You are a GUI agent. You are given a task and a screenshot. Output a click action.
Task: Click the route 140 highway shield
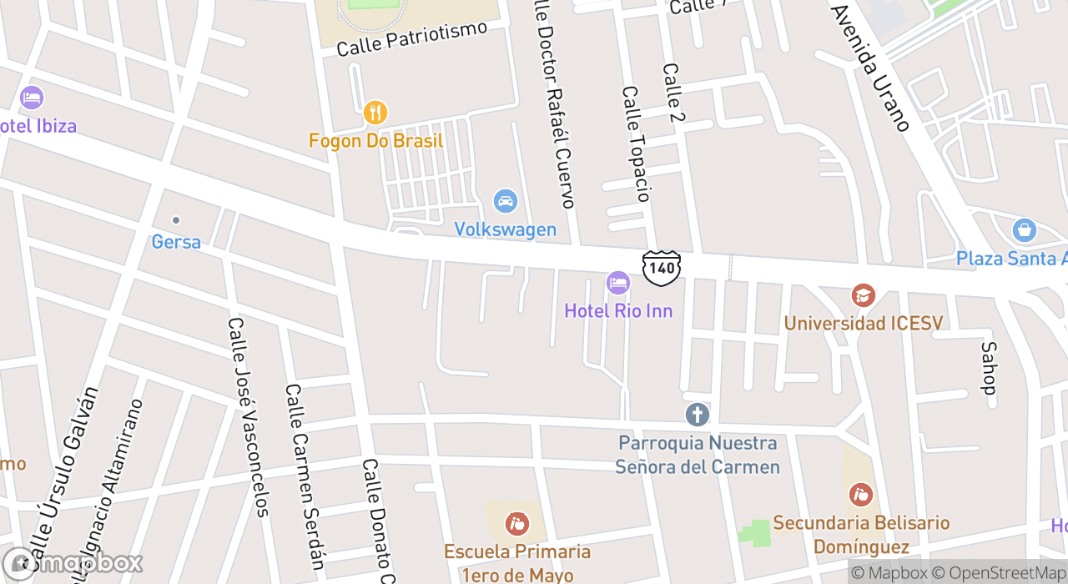point(662,268)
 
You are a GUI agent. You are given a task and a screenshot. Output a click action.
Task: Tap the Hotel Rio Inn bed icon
point(617,283)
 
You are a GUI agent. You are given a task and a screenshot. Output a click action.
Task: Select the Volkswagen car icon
point(505,201)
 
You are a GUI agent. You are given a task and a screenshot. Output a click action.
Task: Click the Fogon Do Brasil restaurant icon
point(375,112)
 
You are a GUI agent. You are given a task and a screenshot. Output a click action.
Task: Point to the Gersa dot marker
point(176,220)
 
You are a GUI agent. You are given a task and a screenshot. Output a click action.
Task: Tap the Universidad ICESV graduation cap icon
point(863,295)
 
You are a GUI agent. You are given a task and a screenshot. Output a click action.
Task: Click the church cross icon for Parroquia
point(697,414)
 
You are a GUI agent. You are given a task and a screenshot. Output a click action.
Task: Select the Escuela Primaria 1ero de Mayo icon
point(517,524)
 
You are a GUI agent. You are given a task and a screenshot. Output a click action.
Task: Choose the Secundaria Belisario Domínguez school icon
point(860,495)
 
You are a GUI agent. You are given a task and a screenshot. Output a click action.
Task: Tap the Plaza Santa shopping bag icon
point(1024,229)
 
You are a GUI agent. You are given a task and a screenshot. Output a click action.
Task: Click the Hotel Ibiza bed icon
point(32,98)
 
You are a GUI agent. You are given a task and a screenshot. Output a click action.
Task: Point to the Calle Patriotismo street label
point(411,39)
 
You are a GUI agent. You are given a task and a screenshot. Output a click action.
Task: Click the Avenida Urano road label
point(870,68)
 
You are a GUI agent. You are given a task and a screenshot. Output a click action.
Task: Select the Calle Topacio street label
point(635,143)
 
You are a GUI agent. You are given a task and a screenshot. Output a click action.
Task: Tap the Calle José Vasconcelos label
point(249,417)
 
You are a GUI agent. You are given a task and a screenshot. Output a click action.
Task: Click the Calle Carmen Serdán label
point(305,476)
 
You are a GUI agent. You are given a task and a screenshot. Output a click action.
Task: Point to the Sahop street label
point(989,367)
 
